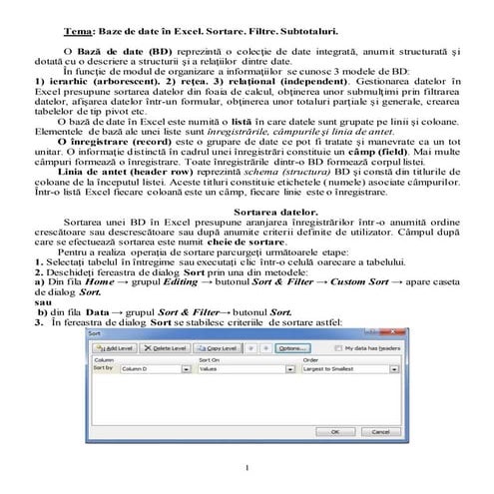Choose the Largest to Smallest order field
click(343, 369)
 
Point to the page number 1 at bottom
click(246, 468)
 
